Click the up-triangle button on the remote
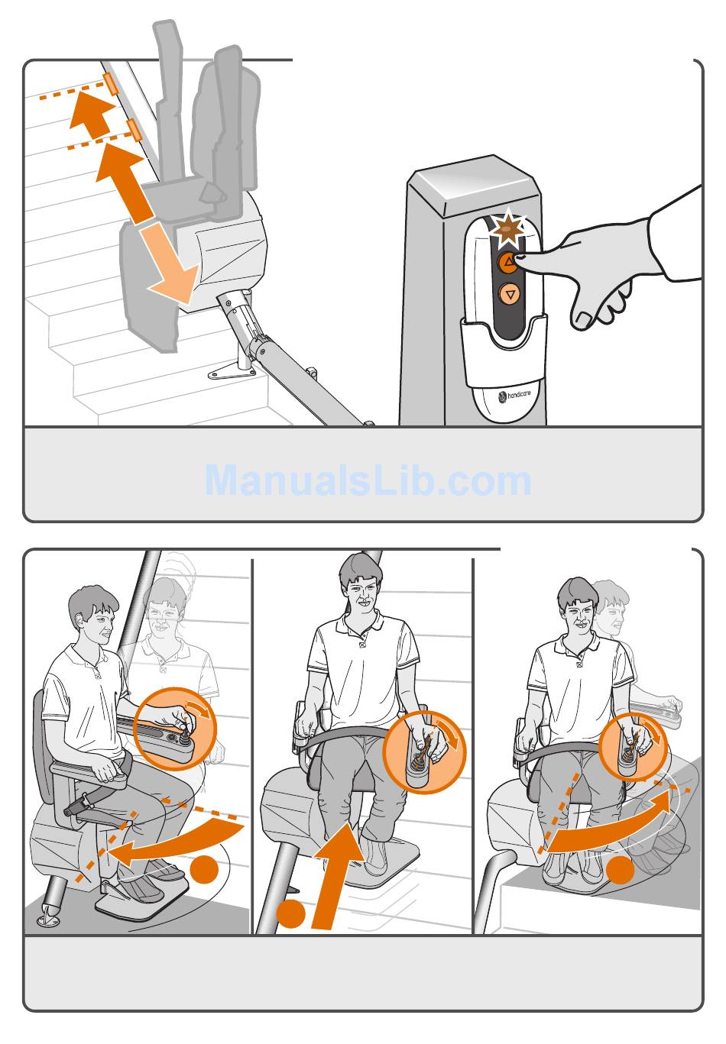[508, 262]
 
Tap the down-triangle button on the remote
[510, 294]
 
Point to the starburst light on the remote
[509, 228]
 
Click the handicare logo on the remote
[514, 396]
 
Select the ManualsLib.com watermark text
[368, 480]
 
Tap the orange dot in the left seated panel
[204, 869]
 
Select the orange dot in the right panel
[621, 870]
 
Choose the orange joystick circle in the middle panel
[424, 751]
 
